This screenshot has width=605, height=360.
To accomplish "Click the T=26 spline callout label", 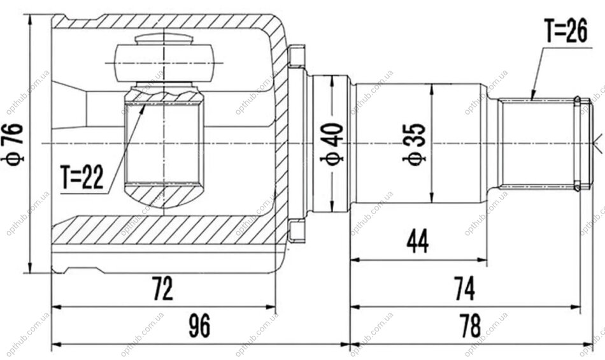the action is (x=566, y=31).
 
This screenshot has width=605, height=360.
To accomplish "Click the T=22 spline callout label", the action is (x=82, y=178).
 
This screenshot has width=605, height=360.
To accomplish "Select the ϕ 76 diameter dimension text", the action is (x=16, y=144).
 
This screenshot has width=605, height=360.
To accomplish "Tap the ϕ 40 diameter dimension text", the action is (x=332, y=144).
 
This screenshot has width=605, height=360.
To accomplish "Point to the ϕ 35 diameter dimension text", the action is (x=415, y=144).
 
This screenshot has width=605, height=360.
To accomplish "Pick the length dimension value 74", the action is (x=464, y=289).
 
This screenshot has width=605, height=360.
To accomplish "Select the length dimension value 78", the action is (x=471, y=326).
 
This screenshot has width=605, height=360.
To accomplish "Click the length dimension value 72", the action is (x=162, y=289).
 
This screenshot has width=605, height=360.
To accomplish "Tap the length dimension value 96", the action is (x=199, y=326).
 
